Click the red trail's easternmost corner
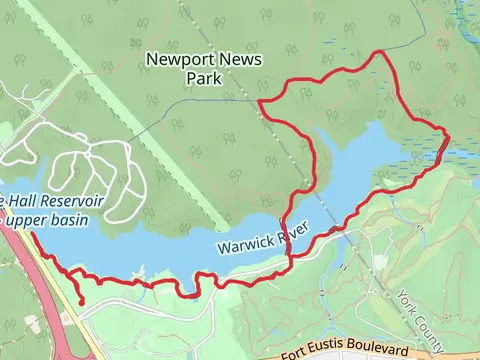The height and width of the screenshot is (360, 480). point(448,136)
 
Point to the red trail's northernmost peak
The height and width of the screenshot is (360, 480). point(379,51)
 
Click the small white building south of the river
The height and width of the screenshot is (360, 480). point(380,262)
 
